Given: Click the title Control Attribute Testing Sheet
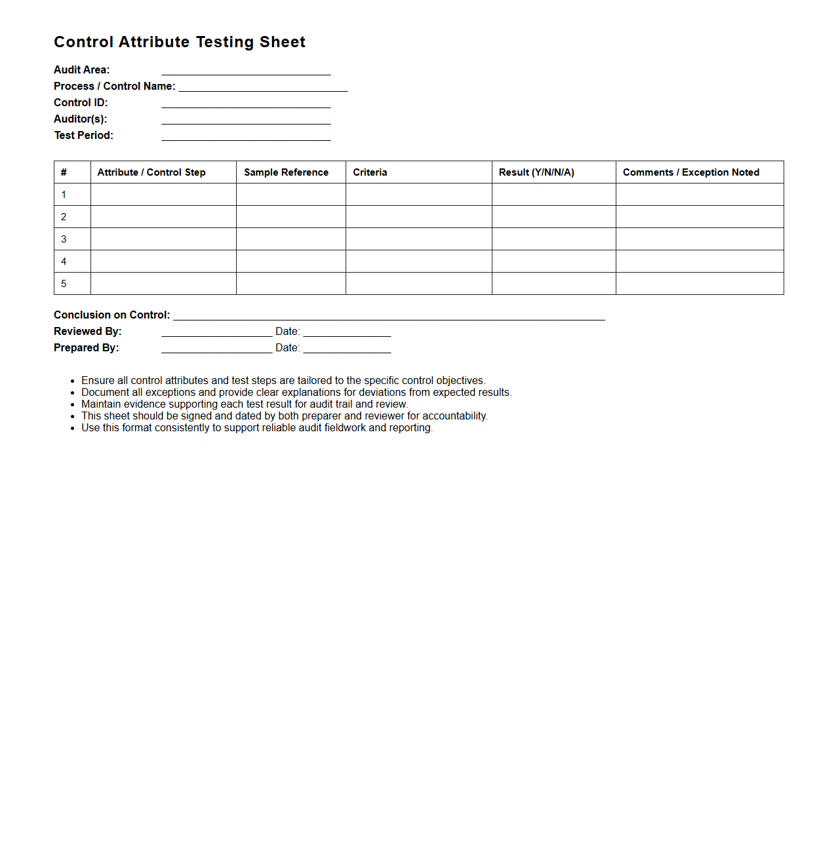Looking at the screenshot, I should (180, 42).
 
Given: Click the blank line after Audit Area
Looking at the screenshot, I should (246, 71).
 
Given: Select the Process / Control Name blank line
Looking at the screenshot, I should (263, 87).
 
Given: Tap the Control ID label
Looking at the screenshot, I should (81, 103).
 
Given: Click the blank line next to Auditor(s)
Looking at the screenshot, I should (246, 120).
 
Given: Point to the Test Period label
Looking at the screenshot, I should (84, 136).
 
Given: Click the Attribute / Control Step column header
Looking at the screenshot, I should (151, 172).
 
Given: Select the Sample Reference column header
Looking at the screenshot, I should (286, 172).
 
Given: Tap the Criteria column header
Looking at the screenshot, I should (370, 172).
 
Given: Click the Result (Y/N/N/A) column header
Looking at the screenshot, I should (536, 172).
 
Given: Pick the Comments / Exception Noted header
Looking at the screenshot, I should (691, 172).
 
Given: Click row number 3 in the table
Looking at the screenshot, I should (64, 239).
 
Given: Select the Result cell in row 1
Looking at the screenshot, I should (553, 195).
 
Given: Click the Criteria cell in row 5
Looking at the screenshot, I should (418, 284).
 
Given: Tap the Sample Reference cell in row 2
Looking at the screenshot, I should (290, 217).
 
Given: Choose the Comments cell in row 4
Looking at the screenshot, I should (700, 261).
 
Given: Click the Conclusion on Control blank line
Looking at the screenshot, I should (389, 316).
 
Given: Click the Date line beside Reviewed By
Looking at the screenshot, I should (347, 332).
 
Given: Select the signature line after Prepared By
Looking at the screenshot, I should (216, 349).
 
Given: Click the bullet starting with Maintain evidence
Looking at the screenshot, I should (245, 404).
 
